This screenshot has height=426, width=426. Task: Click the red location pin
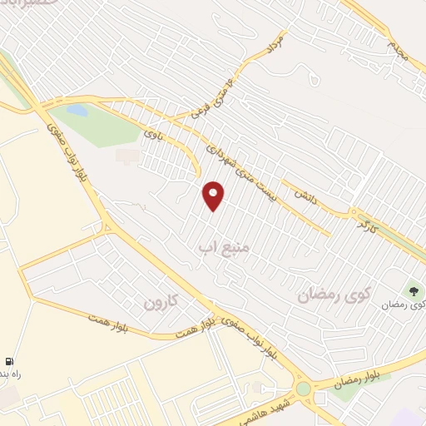[214, 196]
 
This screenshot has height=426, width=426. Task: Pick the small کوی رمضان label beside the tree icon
[404, 305]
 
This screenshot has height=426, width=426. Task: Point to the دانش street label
[303, 195]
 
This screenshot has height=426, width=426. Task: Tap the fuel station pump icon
[8, 362]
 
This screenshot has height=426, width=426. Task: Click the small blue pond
[77, 110]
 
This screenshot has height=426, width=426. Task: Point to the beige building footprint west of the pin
[127, 156]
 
